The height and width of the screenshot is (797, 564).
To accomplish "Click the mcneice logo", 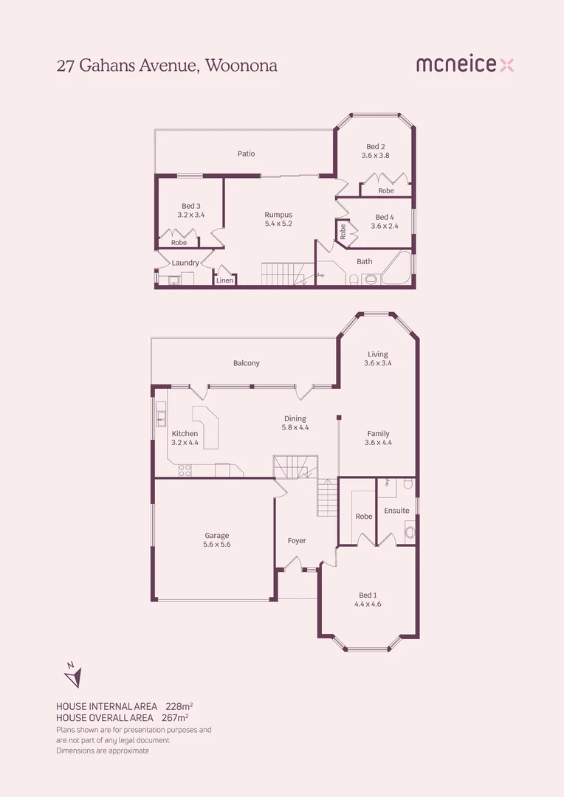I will coord(464,65).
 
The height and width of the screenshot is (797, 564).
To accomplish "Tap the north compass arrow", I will coord(74,674).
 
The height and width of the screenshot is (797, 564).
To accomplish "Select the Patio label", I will coord(246,153).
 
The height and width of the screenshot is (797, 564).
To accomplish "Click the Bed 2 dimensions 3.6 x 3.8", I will coord(375,156).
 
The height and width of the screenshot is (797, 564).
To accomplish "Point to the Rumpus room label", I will coord(278,215).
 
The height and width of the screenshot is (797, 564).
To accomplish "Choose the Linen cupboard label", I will coord(224,280).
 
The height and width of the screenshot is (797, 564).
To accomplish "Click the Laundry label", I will coord(185,263).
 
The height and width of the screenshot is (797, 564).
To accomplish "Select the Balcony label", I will coord(246,363).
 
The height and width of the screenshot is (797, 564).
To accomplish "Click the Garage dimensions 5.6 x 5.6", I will coord(217,545).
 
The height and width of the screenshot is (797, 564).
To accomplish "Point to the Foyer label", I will coord(297,541).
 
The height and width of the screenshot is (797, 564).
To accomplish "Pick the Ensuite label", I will coord(396,511).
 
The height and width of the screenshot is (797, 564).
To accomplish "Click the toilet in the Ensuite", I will coord(410,531).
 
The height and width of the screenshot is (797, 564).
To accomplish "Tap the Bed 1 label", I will coord(368,595).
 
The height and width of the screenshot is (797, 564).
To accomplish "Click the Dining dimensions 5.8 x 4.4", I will coord(295,427).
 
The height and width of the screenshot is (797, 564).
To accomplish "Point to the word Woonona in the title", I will coord(241,65).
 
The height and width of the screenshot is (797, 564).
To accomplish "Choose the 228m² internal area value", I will coord(179,705).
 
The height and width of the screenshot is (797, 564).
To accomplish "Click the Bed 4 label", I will coord(384,217).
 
